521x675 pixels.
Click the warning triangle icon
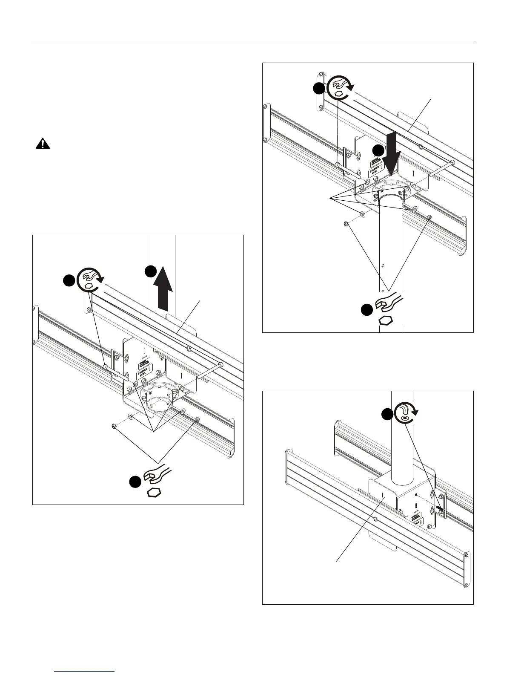(43, 144)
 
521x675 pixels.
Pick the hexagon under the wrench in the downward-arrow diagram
(385, 320)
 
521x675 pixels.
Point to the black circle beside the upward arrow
(151, 271)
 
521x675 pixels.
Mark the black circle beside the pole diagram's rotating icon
(386, 414)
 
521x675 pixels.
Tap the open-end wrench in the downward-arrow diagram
(387, 301)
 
